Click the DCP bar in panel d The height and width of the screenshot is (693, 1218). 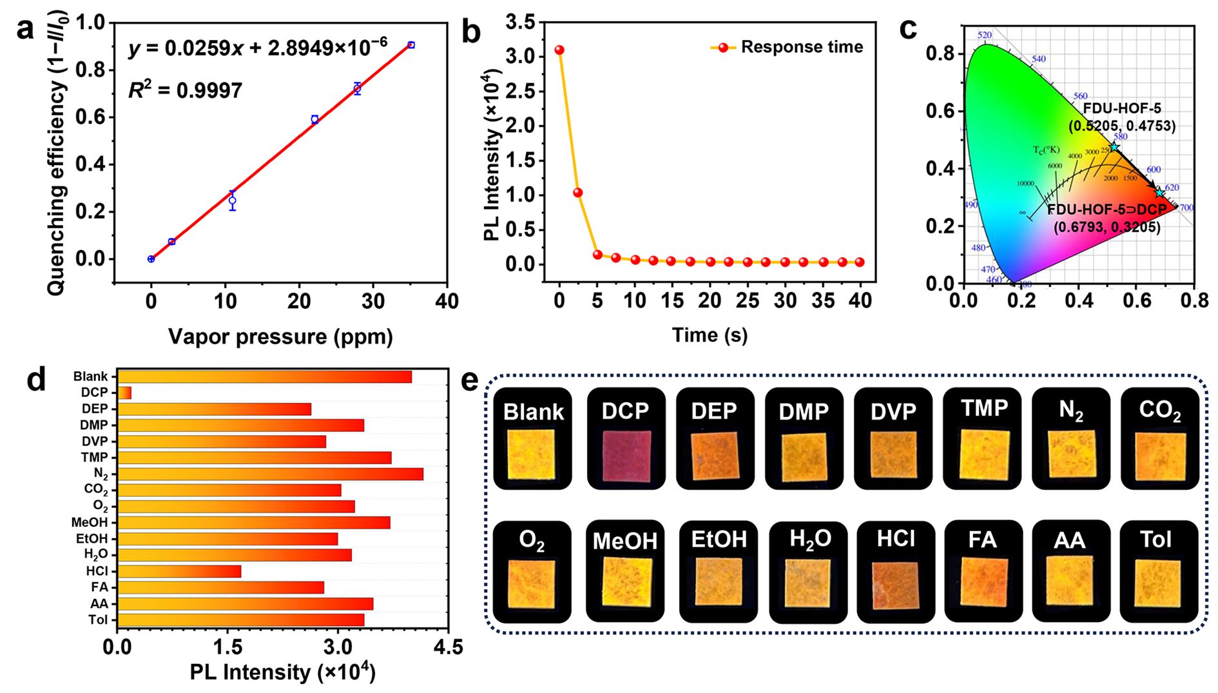tap(124, 393)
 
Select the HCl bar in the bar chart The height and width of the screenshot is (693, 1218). tap(179, 571)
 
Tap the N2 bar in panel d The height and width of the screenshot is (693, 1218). tap(270, 474)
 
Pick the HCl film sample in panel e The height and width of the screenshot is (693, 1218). tap(895, 585)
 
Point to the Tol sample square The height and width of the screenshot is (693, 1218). tap(1157, 583)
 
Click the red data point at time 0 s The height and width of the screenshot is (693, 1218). tap(559, 50)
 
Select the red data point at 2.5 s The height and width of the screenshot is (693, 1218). tap(578, 193)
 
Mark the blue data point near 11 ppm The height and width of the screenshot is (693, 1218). tap(233, 200)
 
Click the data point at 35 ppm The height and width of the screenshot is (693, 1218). tap(411, 45)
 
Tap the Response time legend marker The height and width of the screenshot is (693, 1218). tap(723, 48)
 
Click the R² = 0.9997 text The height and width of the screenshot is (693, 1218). tap(186, 90)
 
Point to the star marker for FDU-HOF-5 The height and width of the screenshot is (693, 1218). tap(1114, 148)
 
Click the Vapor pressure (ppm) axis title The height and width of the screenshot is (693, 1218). tap(280, 337)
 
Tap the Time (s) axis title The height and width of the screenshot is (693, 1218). tap(710, 335)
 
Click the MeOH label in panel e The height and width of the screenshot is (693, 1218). tap(624, 542)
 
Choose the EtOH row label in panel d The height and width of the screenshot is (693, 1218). tap(92, 538)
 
